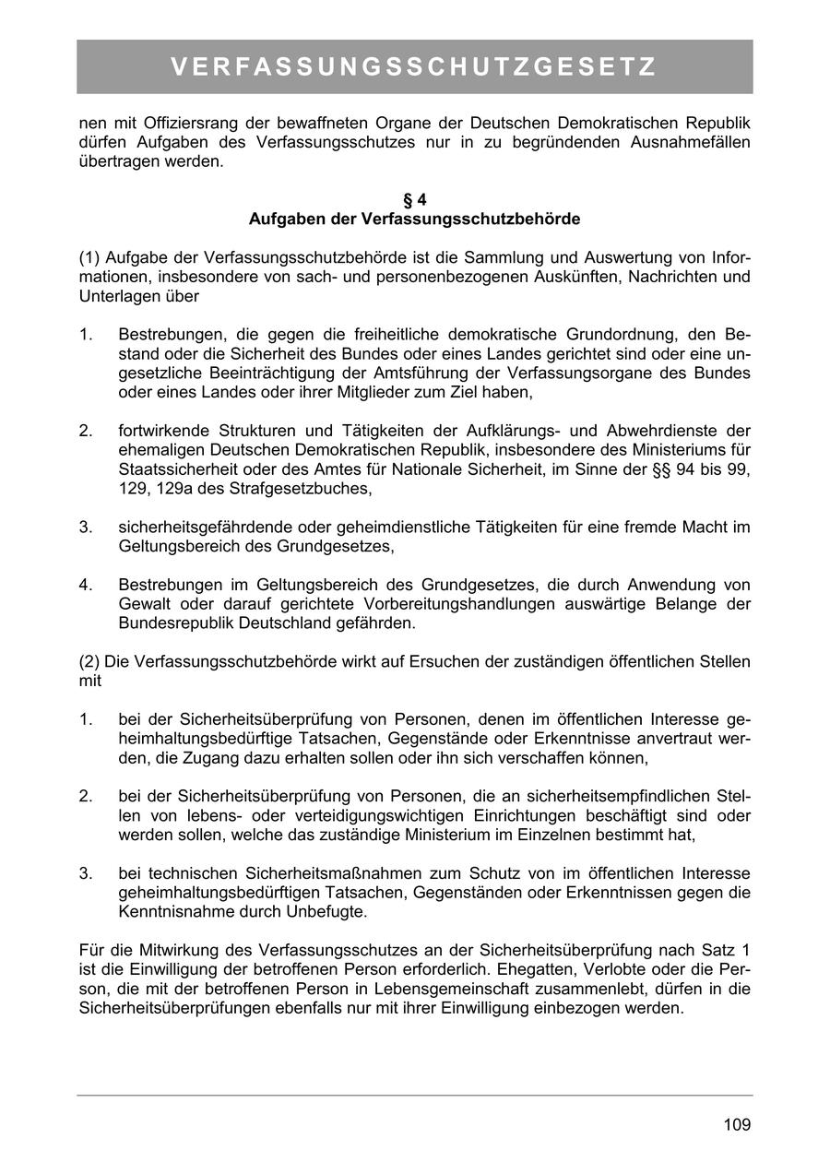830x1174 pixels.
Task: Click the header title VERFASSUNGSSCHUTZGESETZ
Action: [414, 67]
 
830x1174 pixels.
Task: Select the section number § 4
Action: [414, 200]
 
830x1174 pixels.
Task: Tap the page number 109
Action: [737, 1124]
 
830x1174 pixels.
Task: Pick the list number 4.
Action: [85, 585]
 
